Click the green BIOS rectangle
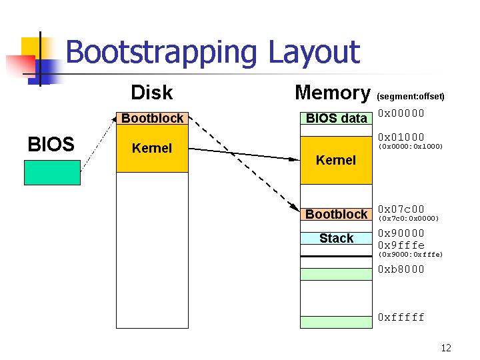53,173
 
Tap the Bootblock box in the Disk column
153,118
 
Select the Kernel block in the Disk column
153,148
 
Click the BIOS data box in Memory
336,118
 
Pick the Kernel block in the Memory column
336,160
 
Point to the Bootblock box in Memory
336,214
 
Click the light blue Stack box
336,238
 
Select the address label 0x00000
401,113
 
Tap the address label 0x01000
401,137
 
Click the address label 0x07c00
401,209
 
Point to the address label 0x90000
401,233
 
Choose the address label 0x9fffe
401,245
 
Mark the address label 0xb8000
401,269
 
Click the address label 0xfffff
401,317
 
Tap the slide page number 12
446,348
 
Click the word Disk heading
152,93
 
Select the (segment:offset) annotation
411,97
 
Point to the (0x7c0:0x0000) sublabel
409,218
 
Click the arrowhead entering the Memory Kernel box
295,159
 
